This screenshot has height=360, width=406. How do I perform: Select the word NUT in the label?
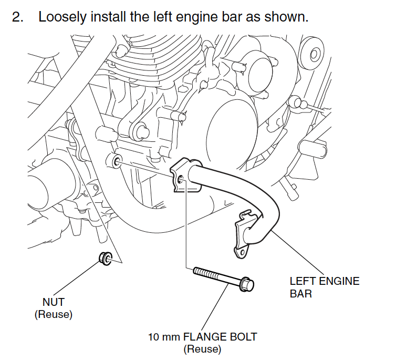point(53,302)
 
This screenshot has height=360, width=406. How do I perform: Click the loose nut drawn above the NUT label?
point(105,258)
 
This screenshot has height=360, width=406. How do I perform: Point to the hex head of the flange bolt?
point(247,284)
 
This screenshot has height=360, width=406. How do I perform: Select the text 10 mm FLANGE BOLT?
point(202,336)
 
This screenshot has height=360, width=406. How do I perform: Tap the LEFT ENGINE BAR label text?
point(325,287)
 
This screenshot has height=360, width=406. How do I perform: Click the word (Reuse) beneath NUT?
point(53,315)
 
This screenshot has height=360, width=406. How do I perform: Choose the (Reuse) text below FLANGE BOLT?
point(202,348)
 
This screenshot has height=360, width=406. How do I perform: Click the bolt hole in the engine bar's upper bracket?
point(180,180)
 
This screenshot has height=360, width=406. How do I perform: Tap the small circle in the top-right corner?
point(314,54)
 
